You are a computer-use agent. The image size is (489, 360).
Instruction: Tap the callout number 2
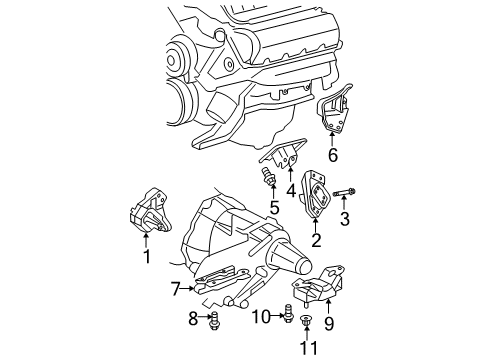[x=316, y=241]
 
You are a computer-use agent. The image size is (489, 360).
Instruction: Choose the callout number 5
[x=272, y=209]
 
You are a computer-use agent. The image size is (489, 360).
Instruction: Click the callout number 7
[x=176, y=289]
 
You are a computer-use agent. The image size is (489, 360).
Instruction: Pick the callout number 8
[x=193, y=320]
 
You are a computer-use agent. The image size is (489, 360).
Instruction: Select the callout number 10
[x=256, y=318]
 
